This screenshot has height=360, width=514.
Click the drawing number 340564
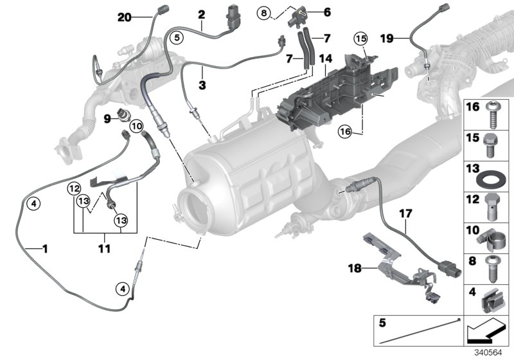pos(492,352)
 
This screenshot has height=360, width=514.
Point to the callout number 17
pos(405,210)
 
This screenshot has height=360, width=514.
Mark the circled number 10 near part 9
pos(136,127)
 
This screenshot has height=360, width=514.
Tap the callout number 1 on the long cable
pos(44,247)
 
